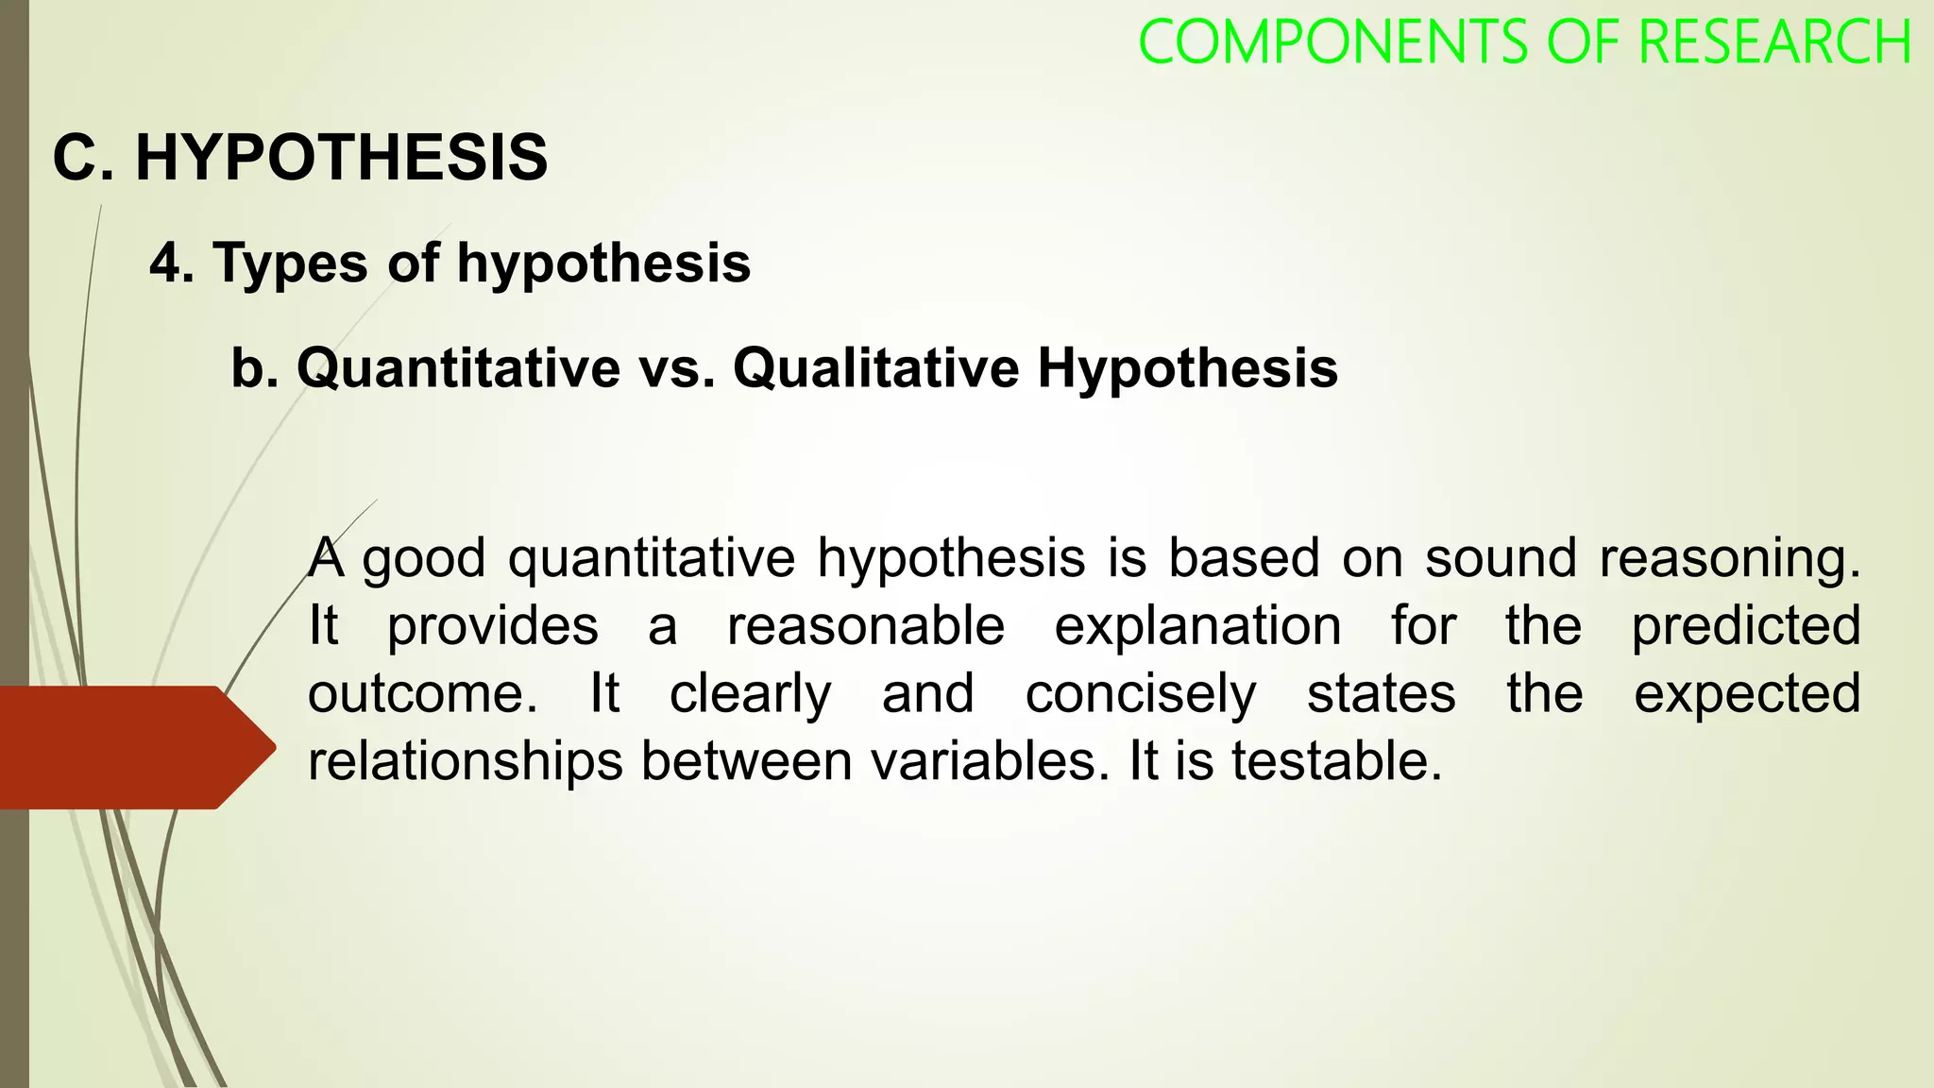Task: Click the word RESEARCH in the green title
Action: pyautogui.click(x=1774, y=42)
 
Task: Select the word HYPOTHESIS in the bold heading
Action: pyautogui.click(x=341, y=157)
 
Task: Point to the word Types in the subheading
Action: pyautogui.click(x=290, y=263)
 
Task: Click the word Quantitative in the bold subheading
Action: pyautogui.click(x=458, y=367)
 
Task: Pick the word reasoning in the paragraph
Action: pyautogui.click(x=1729, y=558)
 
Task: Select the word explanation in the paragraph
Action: pyautogui.click(x=1197, y=625)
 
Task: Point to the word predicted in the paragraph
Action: pyautogui.click(x=1746, y=625)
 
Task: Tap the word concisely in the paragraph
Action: pyautogui.click(x=1141, y=694)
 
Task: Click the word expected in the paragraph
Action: pyautogui.click(x=1747, y=694)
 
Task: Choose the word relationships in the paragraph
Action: pyautogui.click(x=465, y=761)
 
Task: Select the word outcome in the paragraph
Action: pyautogui.click(x=422, y=693)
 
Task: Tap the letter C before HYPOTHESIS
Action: pyautogui.click(x=76, y=157)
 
